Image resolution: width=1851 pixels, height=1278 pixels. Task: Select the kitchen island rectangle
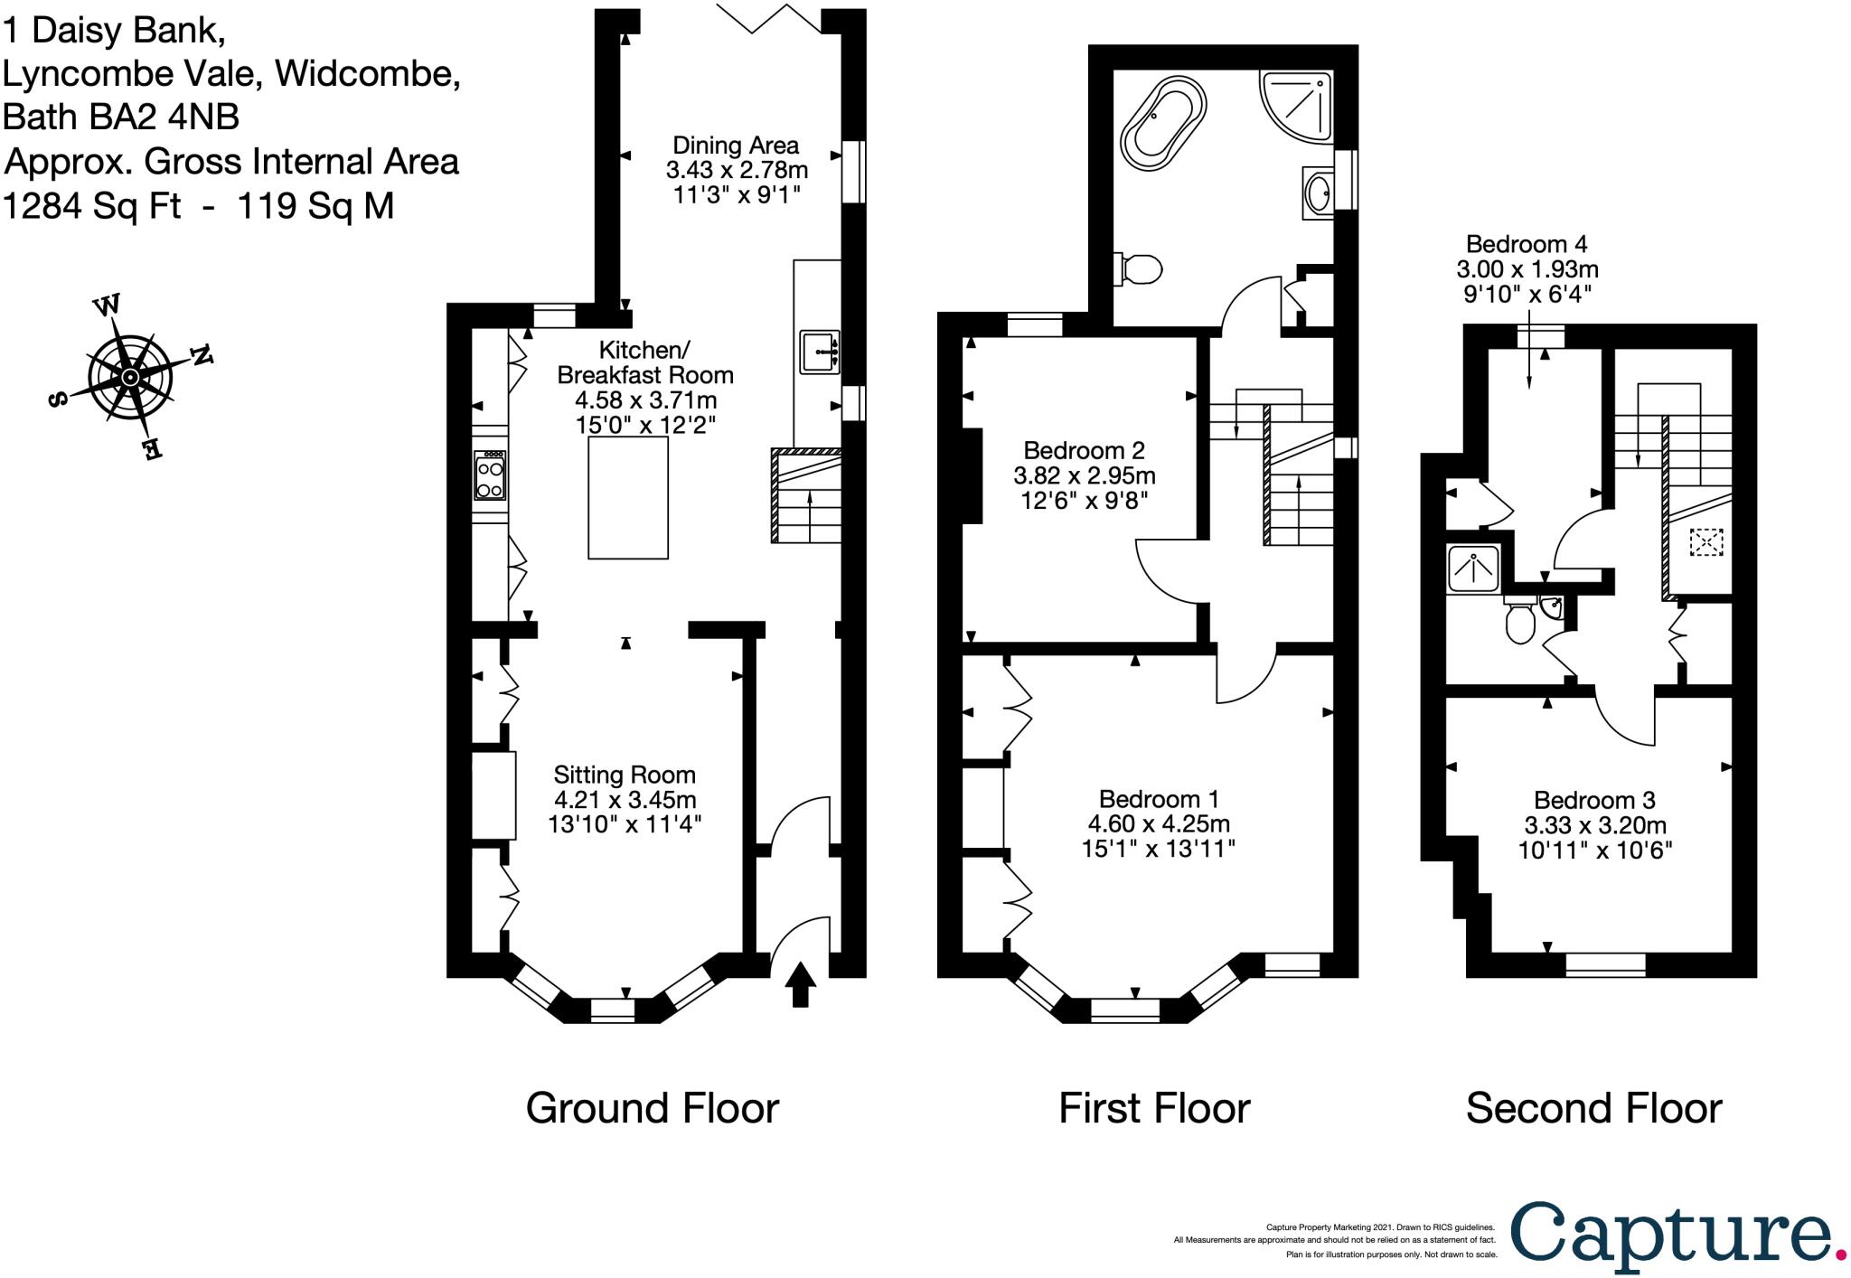click(628, 498)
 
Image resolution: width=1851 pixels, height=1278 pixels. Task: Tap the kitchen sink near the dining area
click(820, 352)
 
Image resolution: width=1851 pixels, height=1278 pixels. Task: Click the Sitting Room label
click(625, 775)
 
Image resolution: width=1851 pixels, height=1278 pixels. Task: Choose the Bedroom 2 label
click(1085, 450)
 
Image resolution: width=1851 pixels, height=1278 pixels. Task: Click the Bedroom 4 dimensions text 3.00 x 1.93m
click(1527, 268)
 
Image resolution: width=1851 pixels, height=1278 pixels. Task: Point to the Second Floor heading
click(1593, 1108)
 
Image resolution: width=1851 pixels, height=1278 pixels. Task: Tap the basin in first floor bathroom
click(1318, 192)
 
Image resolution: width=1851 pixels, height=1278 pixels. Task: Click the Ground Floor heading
click(653, 1108)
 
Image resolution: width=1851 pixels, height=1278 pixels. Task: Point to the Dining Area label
click(736, 146)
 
